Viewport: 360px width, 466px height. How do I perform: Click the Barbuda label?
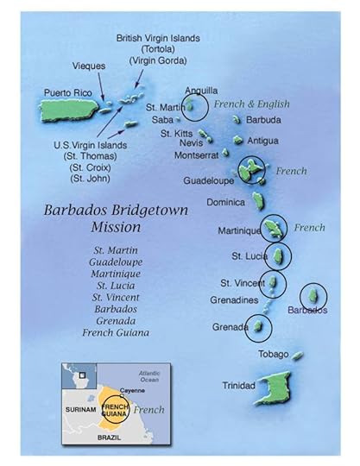[x=263, y=120]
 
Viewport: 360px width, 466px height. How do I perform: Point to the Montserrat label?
[x=197, y=155]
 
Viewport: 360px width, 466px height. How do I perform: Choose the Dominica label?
[x=227, y=202]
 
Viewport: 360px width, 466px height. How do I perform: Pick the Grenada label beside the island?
[x=230, y=328]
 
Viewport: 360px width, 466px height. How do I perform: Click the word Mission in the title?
[x=120, y=228]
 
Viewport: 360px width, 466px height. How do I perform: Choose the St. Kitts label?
[x=177, y=134]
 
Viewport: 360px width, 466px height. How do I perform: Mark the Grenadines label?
[x=235, y=300]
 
